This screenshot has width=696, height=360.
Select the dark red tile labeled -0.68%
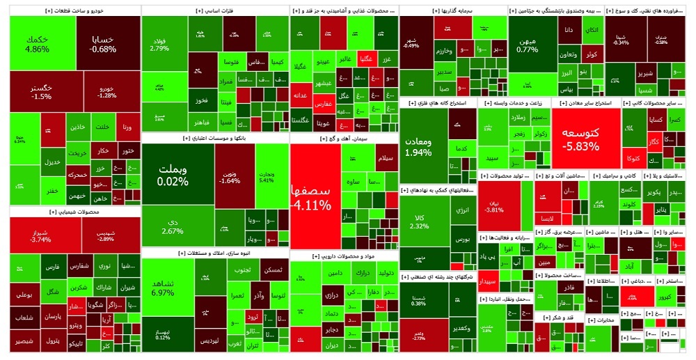(x=103, y=44)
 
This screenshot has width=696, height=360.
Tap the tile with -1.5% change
(x=42, y=91)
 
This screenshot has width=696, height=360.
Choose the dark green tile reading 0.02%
(x=173, y=175)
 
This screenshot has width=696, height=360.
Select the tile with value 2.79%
(x=159, y=44)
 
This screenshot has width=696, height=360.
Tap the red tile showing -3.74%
(x=41, y=235)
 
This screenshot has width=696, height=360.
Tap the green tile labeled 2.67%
(x=173, y=226)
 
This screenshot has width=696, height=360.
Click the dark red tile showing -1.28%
(x=106, y=91)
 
